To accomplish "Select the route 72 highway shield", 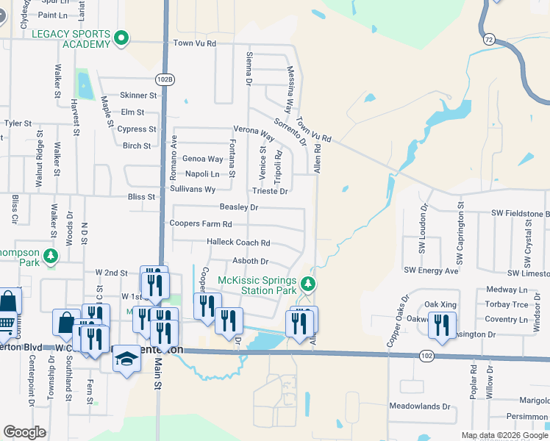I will click(x=488, y=37).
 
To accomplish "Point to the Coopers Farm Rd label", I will click(x=201, y=223).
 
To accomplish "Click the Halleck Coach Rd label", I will click(x=238, y=243).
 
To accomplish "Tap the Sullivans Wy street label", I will click(x=193, y=190).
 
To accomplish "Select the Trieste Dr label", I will click(x=269, y=191).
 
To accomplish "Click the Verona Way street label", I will click(x=254, y=133).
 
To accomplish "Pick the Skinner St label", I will click(x=138, y=96).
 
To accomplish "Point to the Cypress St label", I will click(x=137, y=129).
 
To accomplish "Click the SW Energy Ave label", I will click(x=431, y=270).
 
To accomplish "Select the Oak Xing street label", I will click(x=440, y=304).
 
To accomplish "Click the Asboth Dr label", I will click(x=250, y=261).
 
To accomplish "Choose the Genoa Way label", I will click(x=202, y=159).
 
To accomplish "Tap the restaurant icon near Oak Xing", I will click(x=442, y=325).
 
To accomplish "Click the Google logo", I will click(x=24, y=432).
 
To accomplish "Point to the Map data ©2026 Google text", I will click(x=504, y=435).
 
